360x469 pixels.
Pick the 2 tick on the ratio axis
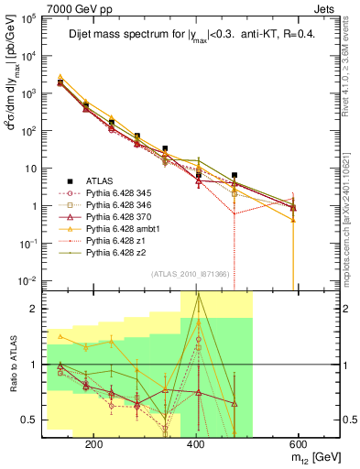[37, 309]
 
